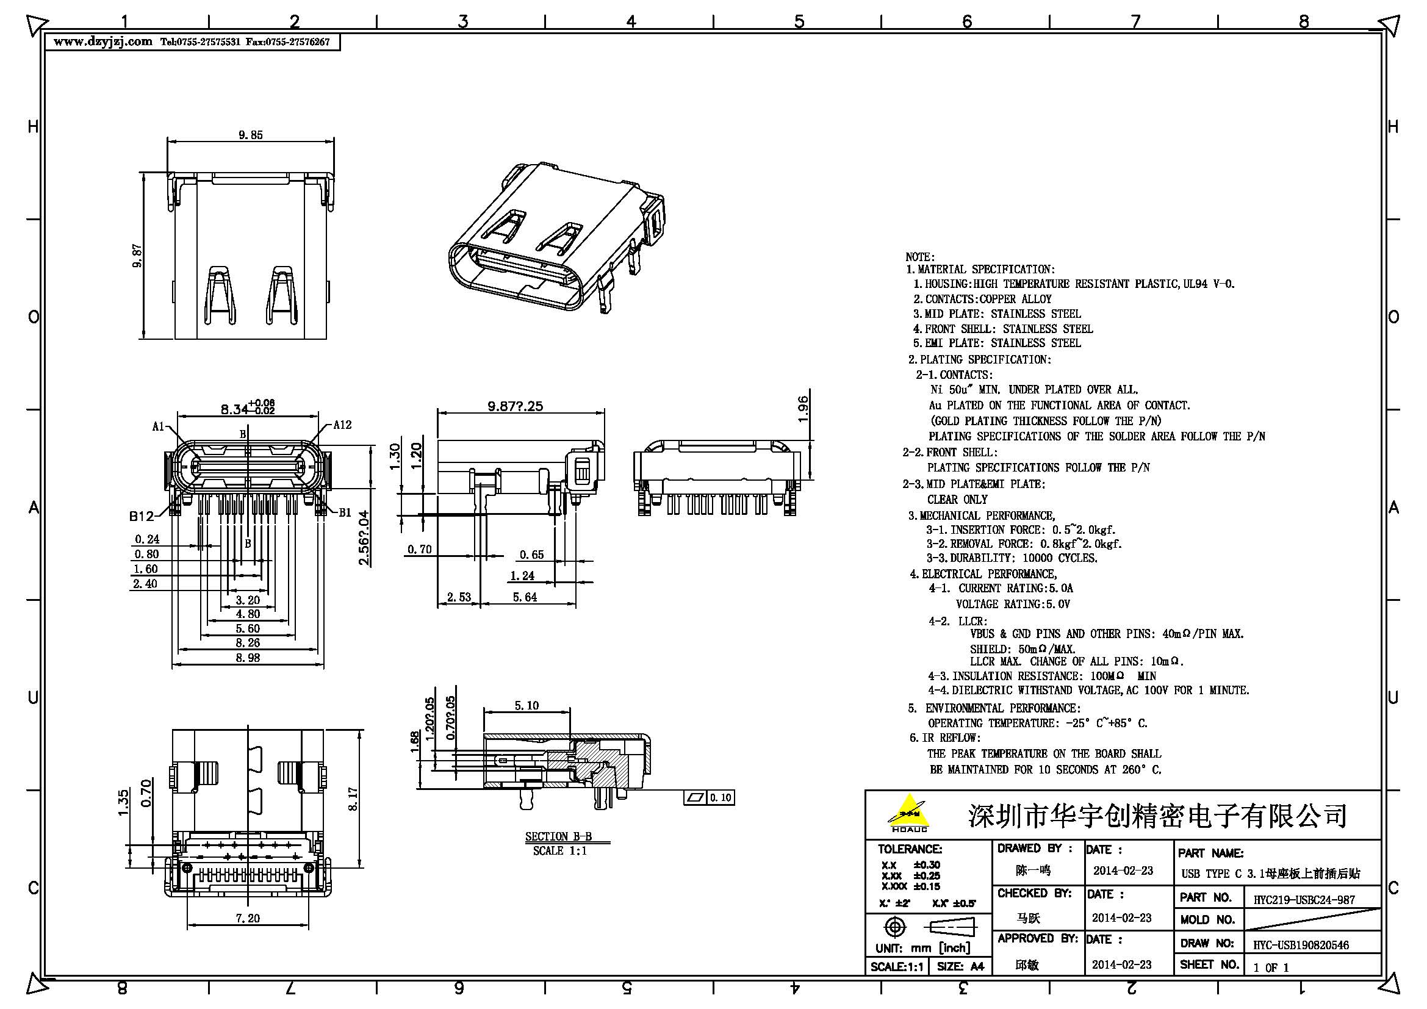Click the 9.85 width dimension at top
point(251,135)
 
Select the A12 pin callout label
point(342,425)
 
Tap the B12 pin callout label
point(141,515)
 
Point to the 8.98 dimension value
point(247,658)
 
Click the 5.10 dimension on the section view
point(527,705)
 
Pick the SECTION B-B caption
point(558,836)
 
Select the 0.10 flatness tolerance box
point(721,797)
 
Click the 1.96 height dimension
point(803,409)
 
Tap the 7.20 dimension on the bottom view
point(247,917)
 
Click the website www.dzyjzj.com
point(103,42)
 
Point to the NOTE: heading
point(920,257)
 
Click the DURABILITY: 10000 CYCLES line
point(1011,558)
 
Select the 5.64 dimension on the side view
point(525,597)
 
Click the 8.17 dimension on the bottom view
point(353,799)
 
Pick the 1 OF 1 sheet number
point(1271,967)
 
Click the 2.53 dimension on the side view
point(459,597)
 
